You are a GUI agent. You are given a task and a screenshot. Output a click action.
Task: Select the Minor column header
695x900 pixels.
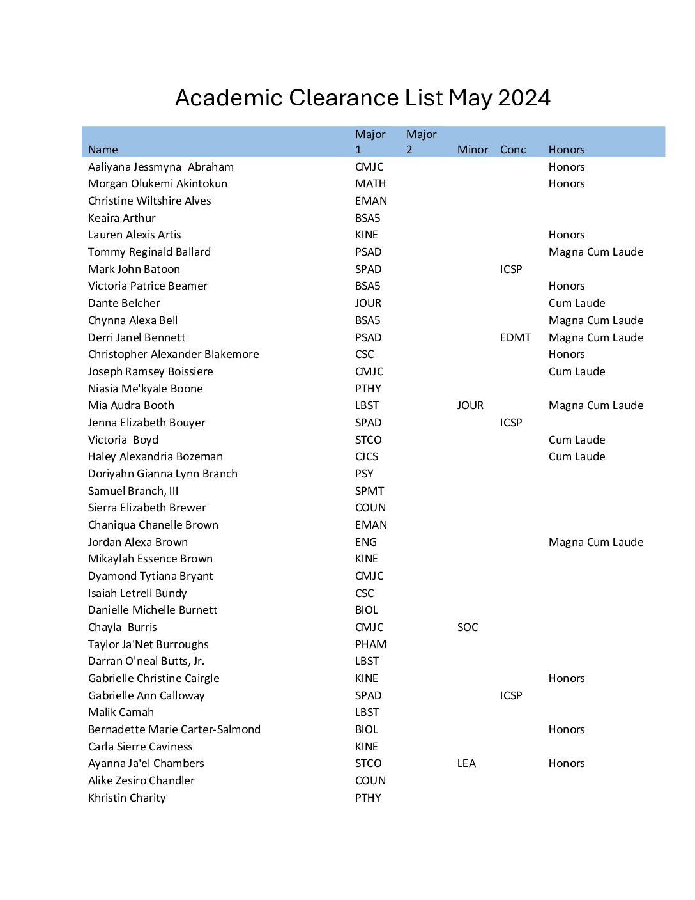pyautogui.click(x=472, y=150)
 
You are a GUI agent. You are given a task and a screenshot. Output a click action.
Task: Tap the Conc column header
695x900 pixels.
pyautogui.click(x=512, y=150)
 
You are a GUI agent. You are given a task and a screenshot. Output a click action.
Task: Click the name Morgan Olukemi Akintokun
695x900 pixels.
pyautogui.click(x=157, y=183)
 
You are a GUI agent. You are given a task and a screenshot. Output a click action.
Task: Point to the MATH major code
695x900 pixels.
pyautogui.click(x=370, y=183)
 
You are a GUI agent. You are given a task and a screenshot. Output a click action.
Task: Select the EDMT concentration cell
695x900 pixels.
pyautogui.click(x=515, y=337)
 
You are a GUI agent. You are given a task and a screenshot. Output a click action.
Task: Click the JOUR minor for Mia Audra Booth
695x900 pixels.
pyautogui.click(x=470, y=405)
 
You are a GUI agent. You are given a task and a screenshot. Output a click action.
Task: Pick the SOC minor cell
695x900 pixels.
pyautogui.click(x=467, y=627)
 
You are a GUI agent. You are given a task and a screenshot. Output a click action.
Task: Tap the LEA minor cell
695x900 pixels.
pyautogui.click(x=466, y=763)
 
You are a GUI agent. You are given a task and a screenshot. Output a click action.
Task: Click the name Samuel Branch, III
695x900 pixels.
pyautogui.click(x=133, y=491)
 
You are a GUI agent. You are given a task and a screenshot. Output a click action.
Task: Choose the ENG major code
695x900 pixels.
pyautogui.click(x=365, y=542)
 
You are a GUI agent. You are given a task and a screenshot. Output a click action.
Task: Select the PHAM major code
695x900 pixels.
pyautogui.click(x=370, y=644)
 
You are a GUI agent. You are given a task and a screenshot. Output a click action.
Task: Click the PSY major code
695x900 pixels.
pyautogui.click(x=364, y=474)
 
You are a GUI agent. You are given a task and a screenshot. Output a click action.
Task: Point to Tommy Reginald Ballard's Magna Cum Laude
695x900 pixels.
pyautogui.click(x=595, y=252)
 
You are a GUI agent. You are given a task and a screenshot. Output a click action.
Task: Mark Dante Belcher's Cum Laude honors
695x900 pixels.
pyautogui.click(x=576, y=303)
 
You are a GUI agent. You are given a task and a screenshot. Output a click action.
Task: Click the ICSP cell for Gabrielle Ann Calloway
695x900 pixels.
pyautogui.click(x=510, y=695)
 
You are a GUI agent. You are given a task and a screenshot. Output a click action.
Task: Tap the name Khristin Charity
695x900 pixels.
pyautogui.click(x=126, y=798)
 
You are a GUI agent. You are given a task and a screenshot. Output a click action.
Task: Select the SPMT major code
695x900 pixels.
pyautogui.click(x=369, y=491)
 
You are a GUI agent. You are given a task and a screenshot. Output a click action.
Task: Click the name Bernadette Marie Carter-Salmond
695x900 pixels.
pyautogui.click(x=174, y=729)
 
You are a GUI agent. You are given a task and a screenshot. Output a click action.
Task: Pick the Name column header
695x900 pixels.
pyautogui.click(x=103, y=150)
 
